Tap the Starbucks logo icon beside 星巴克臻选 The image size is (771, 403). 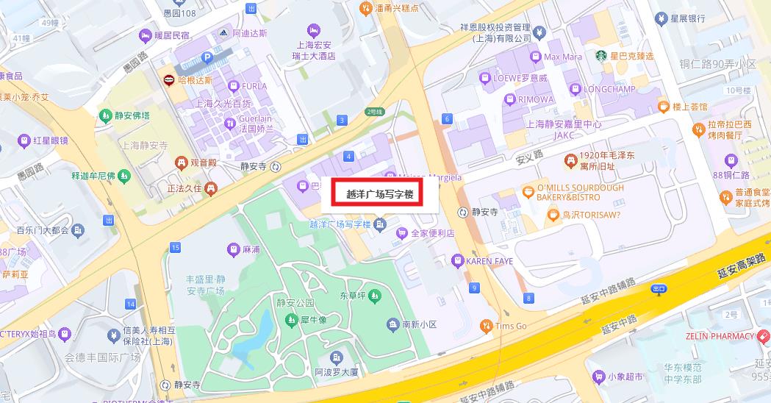point(600,56)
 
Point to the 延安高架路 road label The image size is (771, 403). point(743,266)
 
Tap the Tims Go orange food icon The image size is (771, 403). point(485,326)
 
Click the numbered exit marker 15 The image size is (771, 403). point(175,248)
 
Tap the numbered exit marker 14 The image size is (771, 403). point(130,304)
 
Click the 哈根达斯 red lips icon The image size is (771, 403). point(169,80)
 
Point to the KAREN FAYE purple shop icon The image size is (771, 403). point(458,261)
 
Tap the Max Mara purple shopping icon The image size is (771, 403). point(536,57)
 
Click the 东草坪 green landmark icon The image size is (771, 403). point(375,296)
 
